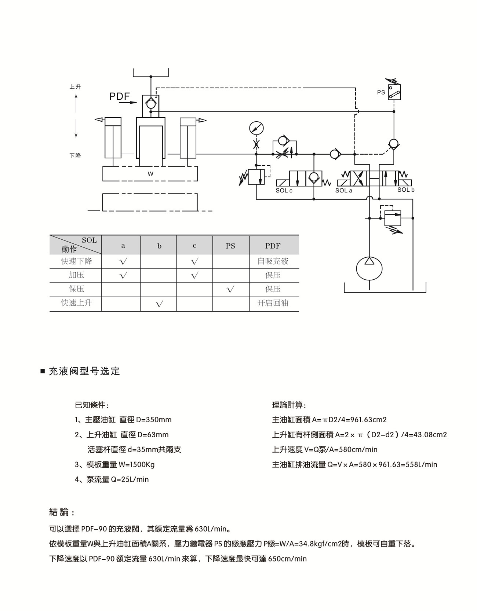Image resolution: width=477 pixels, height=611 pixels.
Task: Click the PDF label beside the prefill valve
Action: click(120, 96)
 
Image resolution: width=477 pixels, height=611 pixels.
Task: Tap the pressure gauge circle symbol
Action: click(256, 128)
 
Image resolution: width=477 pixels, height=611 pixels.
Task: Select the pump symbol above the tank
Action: click(369, 269)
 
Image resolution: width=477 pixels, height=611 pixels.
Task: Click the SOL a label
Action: click(343, 191)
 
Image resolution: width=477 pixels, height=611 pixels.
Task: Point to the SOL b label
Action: click(406, 190)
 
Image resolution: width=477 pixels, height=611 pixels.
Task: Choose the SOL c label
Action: click(284, 191)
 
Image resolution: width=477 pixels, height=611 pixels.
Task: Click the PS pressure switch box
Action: click(394, 92)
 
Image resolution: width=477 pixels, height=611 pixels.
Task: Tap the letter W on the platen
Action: click(150, 174)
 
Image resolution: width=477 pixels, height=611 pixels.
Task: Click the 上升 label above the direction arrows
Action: click(75, 87)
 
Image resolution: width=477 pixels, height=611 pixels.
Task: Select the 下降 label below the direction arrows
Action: click(75, 156)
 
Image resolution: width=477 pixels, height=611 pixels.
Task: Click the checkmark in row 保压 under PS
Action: click(230, 290)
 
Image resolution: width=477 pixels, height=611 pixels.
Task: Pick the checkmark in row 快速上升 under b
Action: click(159, 304)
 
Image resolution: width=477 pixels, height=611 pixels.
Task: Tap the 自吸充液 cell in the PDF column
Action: click(273, 261)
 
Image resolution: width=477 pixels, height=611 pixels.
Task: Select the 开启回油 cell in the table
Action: click(273, 303)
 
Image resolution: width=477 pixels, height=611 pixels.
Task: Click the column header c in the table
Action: click(194, 246)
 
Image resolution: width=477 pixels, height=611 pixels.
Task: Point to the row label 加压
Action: click(76, 275)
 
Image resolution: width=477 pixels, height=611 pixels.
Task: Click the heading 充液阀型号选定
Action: click(84, 371)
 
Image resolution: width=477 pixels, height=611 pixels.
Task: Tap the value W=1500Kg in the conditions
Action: click(136, 465)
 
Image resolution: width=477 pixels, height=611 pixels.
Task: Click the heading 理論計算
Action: click(289, 405)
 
